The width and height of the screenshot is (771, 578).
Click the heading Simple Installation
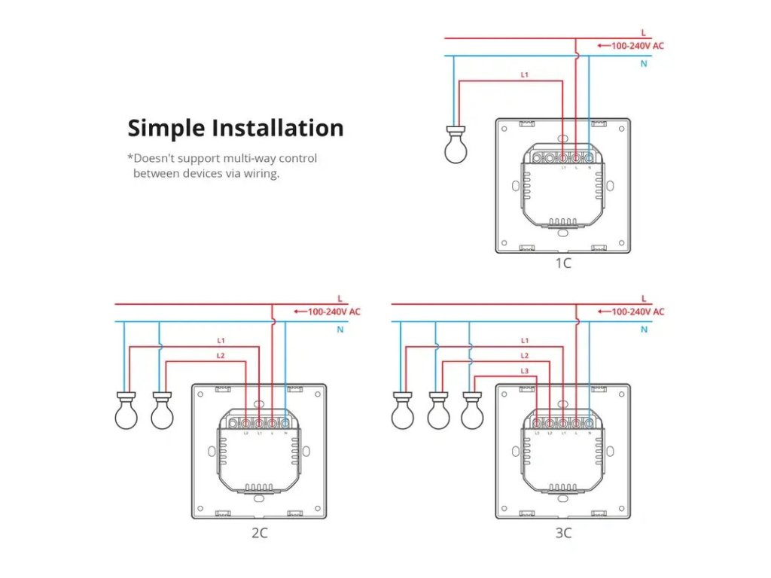coord(235,128)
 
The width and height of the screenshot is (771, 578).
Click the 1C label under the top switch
coord(563,263)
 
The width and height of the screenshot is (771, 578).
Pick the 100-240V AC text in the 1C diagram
coord(637,46)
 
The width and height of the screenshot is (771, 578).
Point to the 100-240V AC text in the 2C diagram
coord(334,312)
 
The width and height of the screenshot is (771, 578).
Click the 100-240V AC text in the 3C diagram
coord(637,312)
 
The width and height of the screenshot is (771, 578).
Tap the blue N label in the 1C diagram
coord(644,64)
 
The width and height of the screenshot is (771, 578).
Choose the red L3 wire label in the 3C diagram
coord(525,371)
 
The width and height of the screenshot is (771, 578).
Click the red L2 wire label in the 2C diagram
coord(221,355)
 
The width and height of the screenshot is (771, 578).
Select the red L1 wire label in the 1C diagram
coord(525,75)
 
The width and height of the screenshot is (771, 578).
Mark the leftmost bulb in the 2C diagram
coord(126,412)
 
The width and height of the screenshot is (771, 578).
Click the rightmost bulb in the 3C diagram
coord(472,412)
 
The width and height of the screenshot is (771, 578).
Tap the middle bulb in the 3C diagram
coord(438,412)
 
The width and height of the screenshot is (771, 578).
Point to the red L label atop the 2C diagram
coord(340,298)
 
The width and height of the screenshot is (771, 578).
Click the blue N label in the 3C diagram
coord(644,330)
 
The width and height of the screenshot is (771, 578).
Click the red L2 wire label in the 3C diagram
coord(525,356)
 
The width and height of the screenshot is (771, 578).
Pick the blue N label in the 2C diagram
coord(340,330)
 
